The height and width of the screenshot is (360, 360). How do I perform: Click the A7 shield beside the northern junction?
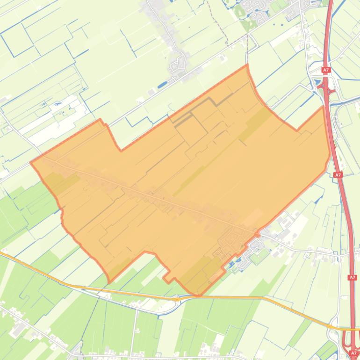(326, 70)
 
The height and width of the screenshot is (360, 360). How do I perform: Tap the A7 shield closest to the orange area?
(338, 175)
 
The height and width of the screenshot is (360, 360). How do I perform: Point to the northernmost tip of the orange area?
(247, 65)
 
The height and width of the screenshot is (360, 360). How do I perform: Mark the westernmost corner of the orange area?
(31, 163)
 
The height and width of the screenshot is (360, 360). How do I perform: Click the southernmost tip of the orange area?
(198, 295)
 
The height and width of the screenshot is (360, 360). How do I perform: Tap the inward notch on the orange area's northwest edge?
(121, 151)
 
